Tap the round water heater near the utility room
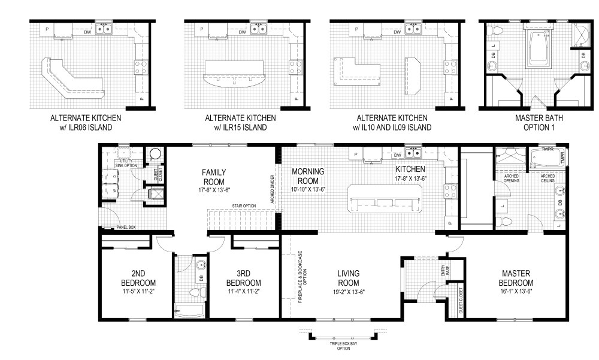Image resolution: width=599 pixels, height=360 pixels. click(155, 155)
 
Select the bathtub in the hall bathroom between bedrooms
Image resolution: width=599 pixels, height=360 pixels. click(189, 310)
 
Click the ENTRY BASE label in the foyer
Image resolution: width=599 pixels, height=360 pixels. click(444, 273)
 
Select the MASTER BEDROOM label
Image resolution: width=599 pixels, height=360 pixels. click(516, 279)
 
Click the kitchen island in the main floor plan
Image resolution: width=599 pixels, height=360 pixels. click(385, 198)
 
